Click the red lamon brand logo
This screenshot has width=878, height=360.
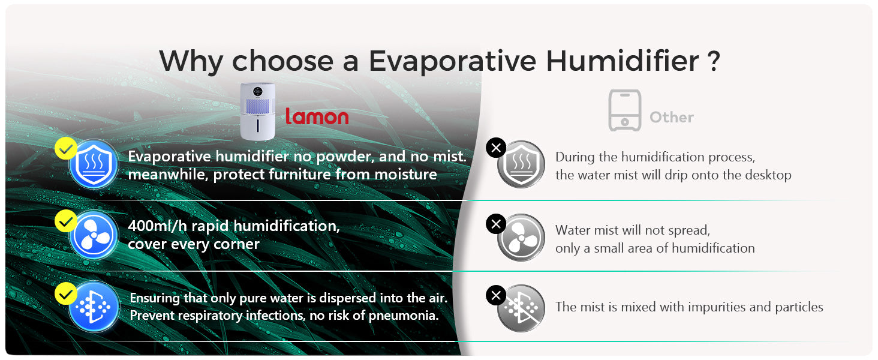click(x=317, y=116)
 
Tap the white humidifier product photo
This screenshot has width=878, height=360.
click(x=257, y=112)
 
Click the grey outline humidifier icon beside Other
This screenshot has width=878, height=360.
click(x=625, y=110)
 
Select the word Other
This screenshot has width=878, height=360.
click(x=672, y=117)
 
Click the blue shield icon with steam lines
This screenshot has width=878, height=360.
click(x=94, y=164)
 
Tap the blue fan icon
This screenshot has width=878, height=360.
click(x=94, y=235)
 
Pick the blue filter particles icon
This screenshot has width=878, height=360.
click(x=94, y=307)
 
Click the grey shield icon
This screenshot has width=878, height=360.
click(x=521, y=164)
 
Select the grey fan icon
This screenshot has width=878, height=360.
click(x=521, y=237)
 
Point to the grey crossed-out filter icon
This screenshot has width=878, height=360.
click(x=521, y=308)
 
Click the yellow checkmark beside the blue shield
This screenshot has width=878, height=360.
click(x=66, y=148)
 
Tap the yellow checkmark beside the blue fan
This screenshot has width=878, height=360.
click(x=66, y=221)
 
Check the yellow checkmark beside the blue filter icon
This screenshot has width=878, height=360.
click(x=66, y=293)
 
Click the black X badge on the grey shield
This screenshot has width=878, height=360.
click(x=496, y=148)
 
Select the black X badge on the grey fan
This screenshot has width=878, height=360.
click(x=496, y=224)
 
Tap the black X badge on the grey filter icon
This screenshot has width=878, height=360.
click(x=496, y=295)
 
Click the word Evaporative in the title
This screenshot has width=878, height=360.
click(x=452, y=61)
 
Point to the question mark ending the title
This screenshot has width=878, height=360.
click(x=714, y=61)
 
